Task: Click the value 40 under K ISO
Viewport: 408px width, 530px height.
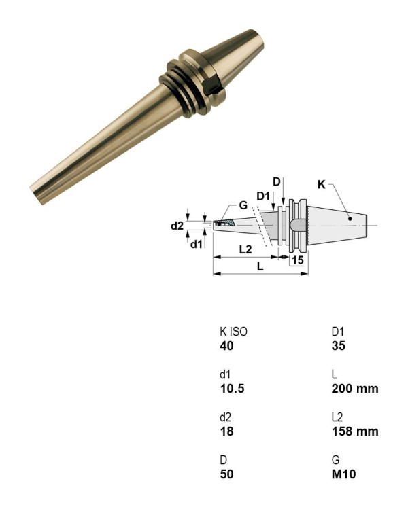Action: point(226,346)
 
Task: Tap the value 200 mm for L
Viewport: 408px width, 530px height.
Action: point(354,389)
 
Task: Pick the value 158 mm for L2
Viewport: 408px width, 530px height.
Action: point(354,431)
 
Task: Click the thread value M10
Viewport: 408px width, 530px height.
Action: point(343,474)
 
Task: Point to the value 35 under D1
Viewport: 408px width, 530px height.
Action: point(339,346)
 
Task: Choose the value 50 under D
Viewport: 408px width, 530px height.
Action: point(226,474)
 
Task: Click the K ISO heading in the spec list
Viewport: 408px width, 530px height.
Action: point(234,332)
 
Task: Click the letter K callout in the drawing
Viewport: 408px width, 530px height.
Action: point(322,183)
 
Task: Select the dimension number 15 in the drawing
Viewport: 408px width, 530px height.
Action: point(297,260)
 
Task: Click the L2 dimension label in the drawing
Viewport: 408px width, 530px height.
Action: point(245,249)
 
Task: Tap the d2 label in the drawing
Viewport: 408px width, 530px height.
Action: point(177,225)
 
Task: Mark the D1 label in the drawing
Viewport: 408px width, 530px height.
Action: point(264,196)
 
